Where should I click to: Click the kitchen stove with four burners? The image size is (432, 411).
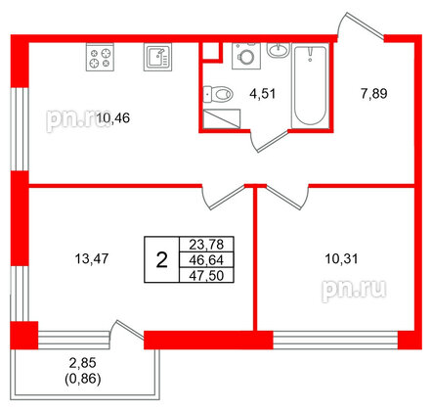pyautogui.click(x=100, y=57)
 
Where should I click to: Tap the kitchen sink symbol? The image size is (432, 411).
pyautogui.click(x=157, y=57)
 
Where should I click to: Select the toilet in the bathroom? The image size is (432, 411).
pyautogui.click(x=218, y=94)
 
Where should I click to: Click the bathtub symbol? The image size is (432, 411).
pyautogui.click(x=310, y=85)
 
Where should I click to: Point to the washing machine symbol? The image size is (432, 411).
pyautogui.click(x=246, y=56)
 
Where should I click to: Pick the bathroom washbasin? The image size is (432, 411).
pyautogui.click(x=278, y=50)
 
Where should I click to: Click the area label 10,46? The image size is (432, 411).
pyautogui.click(x=113, y=117)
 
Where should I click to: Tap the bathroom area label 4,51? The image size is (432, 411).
pyautogui.click(x=263, y=94)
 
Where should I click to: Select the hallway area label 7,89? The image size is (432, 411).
pyautogui.click(x=374, y=94)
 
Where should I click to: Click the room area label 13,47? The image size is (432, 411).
pyautogui.click(x=92, y=259)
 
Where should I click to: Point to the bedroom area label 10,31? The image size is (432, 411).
pyautogui.click(x=341, y=259)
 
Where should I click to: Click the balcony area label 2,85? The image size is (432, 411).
pyautogui.click(x=83, y=363)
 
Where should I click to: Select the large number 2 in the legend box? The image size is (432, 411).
pyautogui.click(x=161, y=260)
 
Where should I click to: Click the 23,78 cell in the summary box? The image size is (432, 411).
pyautogui.click(x=206, y=244)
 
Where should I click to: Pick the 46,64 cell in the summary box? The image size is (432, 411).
pyautogui.click(x=206, y=260)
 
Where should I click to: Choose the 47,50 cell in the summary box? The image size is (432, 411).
pyautogui.click(x=206, y=276)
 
